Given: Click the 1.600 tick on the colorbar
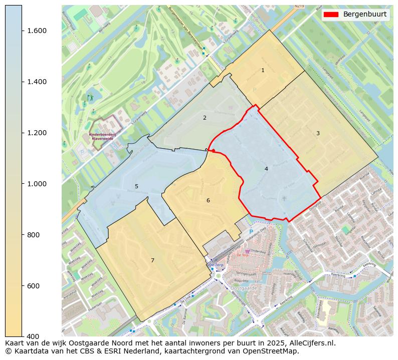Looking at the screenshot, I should [36, 31].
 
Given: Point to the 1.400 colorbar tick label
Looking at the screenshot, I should [36, 82].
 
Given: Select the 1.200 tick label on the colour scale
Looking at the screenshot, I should [36, 133].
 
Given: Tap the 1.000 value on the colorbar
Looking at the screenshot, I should [36, 184].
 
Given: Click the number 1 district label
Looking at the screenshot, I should [263, 71].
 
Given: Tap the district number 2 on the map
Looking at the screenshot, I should [205, 118].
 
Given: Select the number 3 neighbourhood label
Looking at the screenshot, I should [318, 133].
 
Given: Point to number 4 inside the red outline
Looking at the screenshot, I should [266, 169].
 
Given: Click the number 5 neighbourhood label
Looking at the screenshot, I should [136, 187].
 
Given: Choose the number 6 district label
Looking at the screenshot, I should [208, 201].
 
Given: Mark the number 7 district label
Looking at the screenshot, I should [152, 260].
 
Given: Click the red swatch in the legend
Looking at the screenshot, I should [331, 15].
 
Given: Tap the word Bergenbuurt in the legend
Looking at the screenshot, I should [364, 15].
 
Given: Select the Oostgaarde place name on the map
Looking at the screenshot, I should [245, 288].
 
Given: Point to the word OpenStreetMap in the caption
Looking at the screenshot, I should [273, 351].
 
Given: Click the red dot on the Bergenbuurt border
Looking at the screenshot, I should [214, 151].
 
